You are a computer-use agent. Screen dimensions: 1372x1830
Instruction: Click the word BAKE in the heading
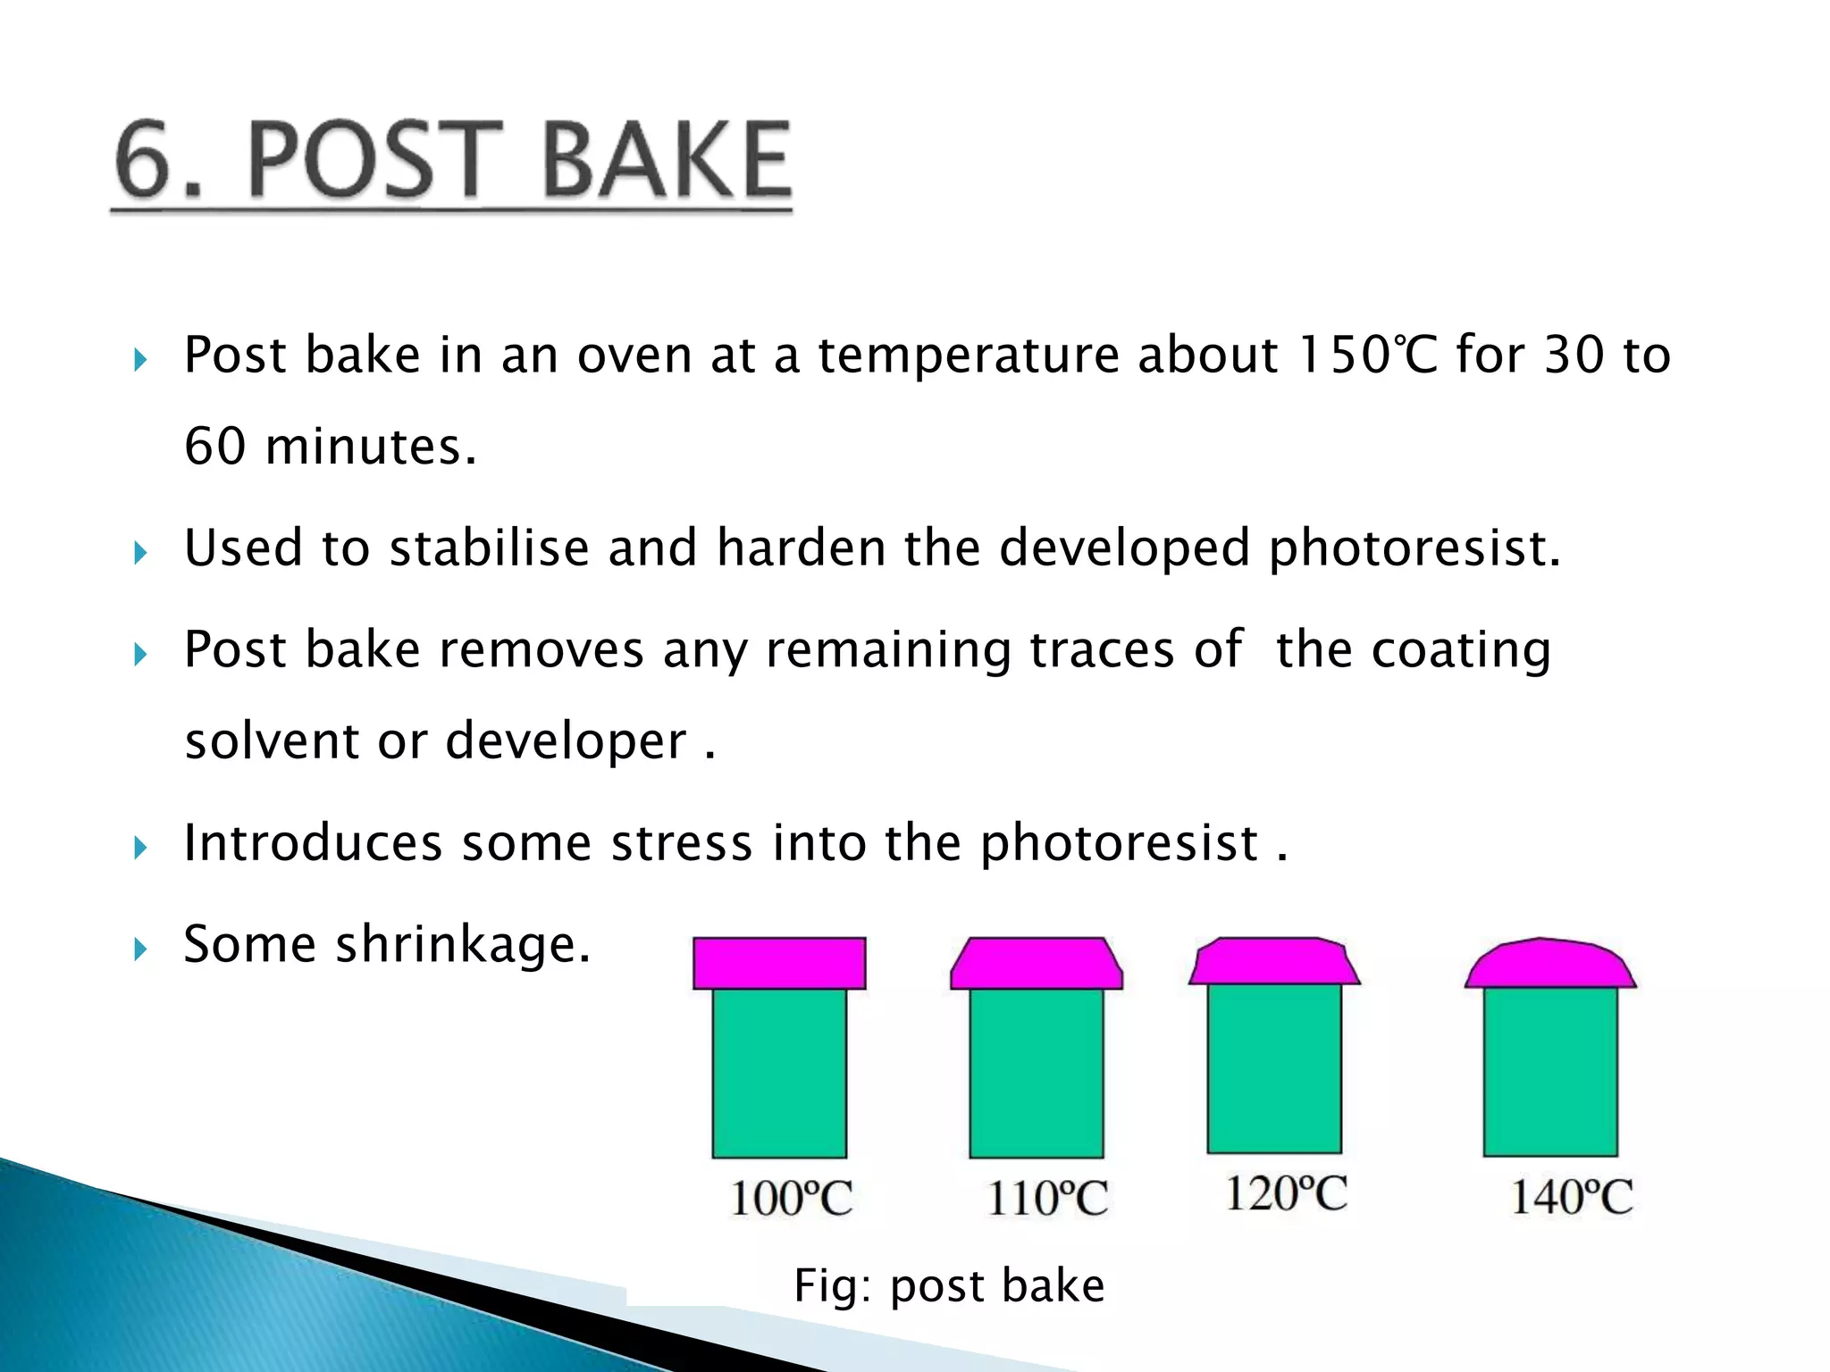coord(667,161)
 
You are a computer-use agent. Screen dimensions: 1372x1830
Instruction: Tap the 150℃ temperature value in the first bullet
coord(1367,356)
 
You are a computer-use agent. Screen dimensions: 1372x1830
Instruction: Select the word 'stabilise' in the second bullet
coord(489,548)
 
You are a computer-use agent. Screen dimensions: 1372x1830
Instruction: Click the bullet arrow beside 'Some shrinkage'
coord(140,948)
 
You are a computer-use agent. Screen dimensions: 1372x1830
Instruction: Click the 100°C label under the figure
coord(791,1199)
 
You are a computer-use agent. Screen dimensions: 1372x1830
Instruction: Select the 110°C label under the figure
coord(1047,1199)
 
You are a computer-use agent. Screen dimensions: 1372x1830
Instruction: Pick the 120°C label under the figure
coord(1285,1193)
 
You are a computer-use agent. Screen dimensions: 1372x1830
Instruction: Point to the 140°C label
coord(1571,1197)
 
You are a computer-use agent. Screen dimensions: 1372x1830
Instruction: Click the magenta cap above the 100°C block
coord(779,963)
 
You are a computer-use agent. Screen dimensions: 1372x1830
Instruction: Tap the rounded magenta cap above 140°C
coord(1550,965)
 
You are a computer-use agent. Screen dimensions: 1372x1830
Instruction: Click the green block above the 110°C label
coord(1037,1072)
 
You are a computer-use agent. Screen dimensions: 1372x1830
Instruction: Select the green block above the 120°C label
coord(1274,1067)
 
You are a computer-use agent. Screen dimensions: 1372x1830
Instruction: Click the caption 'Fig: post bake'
coord(949,1286)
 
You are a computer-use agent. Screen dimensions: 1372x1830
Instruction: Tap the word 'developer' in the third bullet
coord(566,741)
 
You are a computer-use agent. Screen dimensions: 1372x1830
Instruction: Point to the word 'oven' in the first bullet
coord(634,356)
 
